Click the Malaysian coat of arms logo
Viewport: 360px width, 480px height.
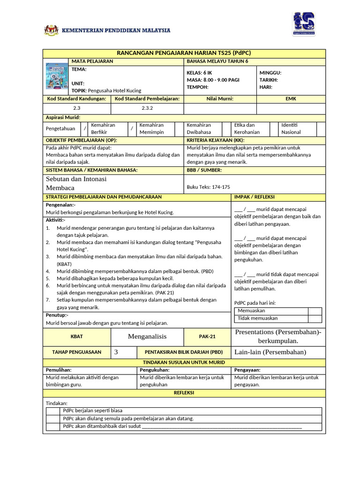coord(51,30)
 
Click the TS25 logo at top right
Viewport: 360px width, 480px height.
coord(303,24)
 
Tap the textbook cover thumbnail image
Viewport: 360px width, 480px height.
coord(56,76)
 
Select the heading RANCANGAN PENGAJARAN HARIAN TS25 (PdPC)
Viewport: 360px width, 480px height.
coord(184,53)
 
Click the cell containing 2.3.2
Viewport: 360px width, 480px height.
coord(147,108)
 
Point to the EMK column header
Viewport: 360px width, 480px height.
coord(291,99)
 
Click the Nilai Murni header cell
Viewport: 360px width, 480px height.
coord(220,99)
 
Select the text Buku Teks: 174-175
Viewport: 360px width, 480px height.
coord(208,187)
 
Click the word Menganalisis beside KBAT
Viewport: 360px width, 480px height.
coord(147,337)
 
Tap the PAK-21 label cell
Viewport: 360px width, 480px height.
coord(207,337)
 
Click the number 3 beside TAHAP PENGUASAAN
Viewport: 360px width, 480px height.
coord(116,352)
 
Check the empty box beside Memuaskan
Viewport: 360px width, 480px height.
coord(315,311)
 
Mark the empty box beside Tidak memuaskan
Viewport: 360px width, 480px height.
coord(315,319)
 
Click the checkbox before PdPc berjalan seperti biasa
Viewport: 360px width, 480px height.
coord(53,411)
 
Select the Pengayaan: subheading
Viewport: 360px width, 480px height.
coord(247,370)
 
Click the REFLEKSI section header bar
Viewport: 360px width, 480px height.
coord(184,393)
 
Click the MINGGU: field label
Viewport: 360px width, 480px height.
coord(270,73)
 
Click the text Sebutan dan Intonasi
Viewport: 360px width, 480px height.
coord(76,179)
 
